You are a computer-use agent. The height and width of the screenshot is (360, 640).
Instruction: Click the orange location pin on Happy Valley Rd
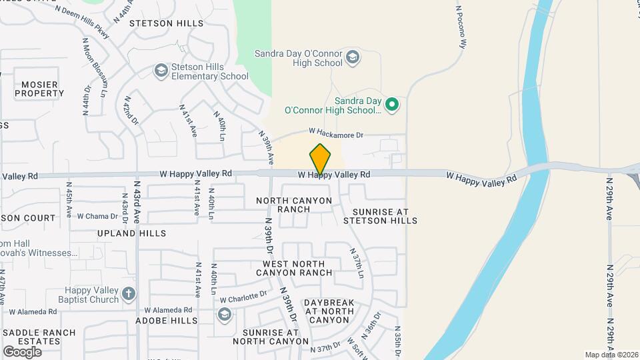click(320, 159)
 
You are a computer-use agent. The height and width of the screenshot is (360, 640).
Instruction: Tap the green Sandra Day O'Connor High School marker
click(393, 104)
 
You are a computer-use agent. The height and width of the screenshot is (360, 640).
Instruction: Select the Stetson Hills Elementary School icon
click(160, 70)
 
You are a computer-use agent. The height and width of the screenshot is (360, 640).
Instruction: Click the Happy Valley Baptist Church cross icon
click(129, 293)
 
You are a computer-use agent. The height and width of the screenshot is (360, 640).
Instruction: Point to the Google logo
click(22, 351)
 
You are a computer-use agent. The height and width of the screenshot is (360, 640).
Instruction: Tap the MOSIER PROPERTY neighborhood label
click(39, 89)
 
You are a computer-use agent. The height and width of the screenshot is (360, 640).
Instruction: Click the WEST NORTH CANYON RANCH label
click(293, 268)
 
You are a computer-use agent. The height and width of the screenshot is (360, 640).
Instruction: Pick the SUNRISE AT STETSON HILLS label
click(380, 215)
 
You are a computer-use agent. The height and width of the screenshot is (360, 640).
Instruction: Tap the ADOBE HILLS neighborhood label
click(167, 320)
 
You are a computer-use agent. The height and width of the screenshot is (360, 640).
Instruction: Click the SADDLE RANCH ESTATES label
click(40, 337)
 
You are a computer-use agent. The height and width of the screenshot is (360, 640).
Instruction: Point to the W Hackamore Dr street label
click(335, 134)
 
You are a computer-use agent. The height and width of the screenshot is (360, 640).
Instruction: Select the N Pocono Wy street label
click(460, 27)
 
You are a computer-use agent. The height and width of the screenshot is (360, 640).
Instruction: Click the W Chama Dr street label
click(97, 216)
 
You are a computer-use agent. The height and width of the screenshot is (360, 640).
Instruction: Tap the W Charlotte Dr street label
click(243, 297)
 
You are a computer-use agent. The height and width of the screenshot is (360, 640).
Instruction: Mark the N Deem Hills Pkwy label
click(82, 20)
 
